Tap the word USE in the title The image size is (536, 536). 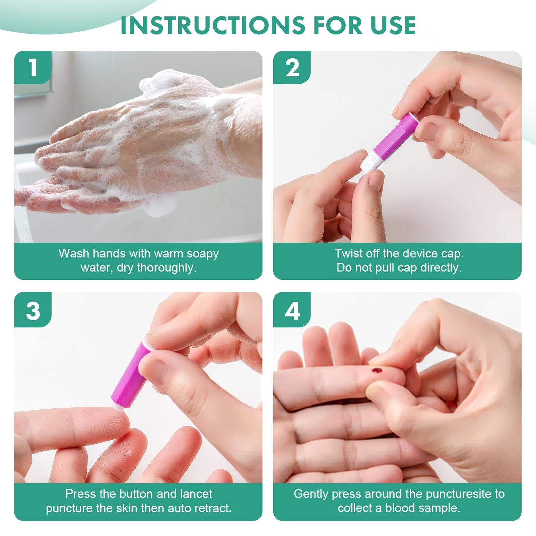click(393, 25)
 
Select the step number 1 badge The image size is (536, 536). click(33, 67)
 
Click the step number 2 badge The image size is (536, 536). click(292, 67)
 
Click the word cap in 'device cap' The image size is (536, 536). click(452, 254)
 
